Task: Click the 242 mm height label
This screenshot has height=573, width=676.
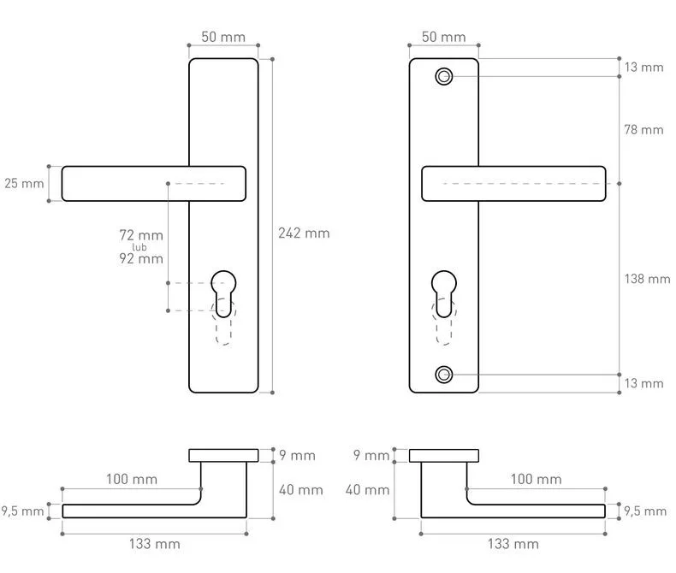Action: (304, 233)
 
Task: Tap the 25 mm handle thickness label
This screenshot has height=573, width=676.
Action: (24, 184)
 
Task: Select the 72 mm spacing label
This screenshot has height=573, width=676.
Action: (141, 235)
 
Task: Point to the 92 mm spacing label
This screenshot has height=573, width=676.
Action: (141, 258)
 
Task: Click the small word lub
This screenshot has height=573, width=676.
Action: (139, 247)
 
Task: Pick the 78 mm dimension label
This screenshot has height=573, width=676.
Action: (643, 129)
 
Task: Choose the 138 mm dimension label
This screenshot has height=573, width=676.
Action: (647, 279)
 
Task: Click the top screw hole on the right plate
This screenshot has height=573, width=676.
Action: (443, 77)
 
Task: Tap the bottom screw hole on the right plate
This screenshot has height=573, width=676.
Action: (443, 375)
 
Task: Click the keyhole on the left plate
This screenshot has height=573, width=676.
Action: (223, 293)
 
